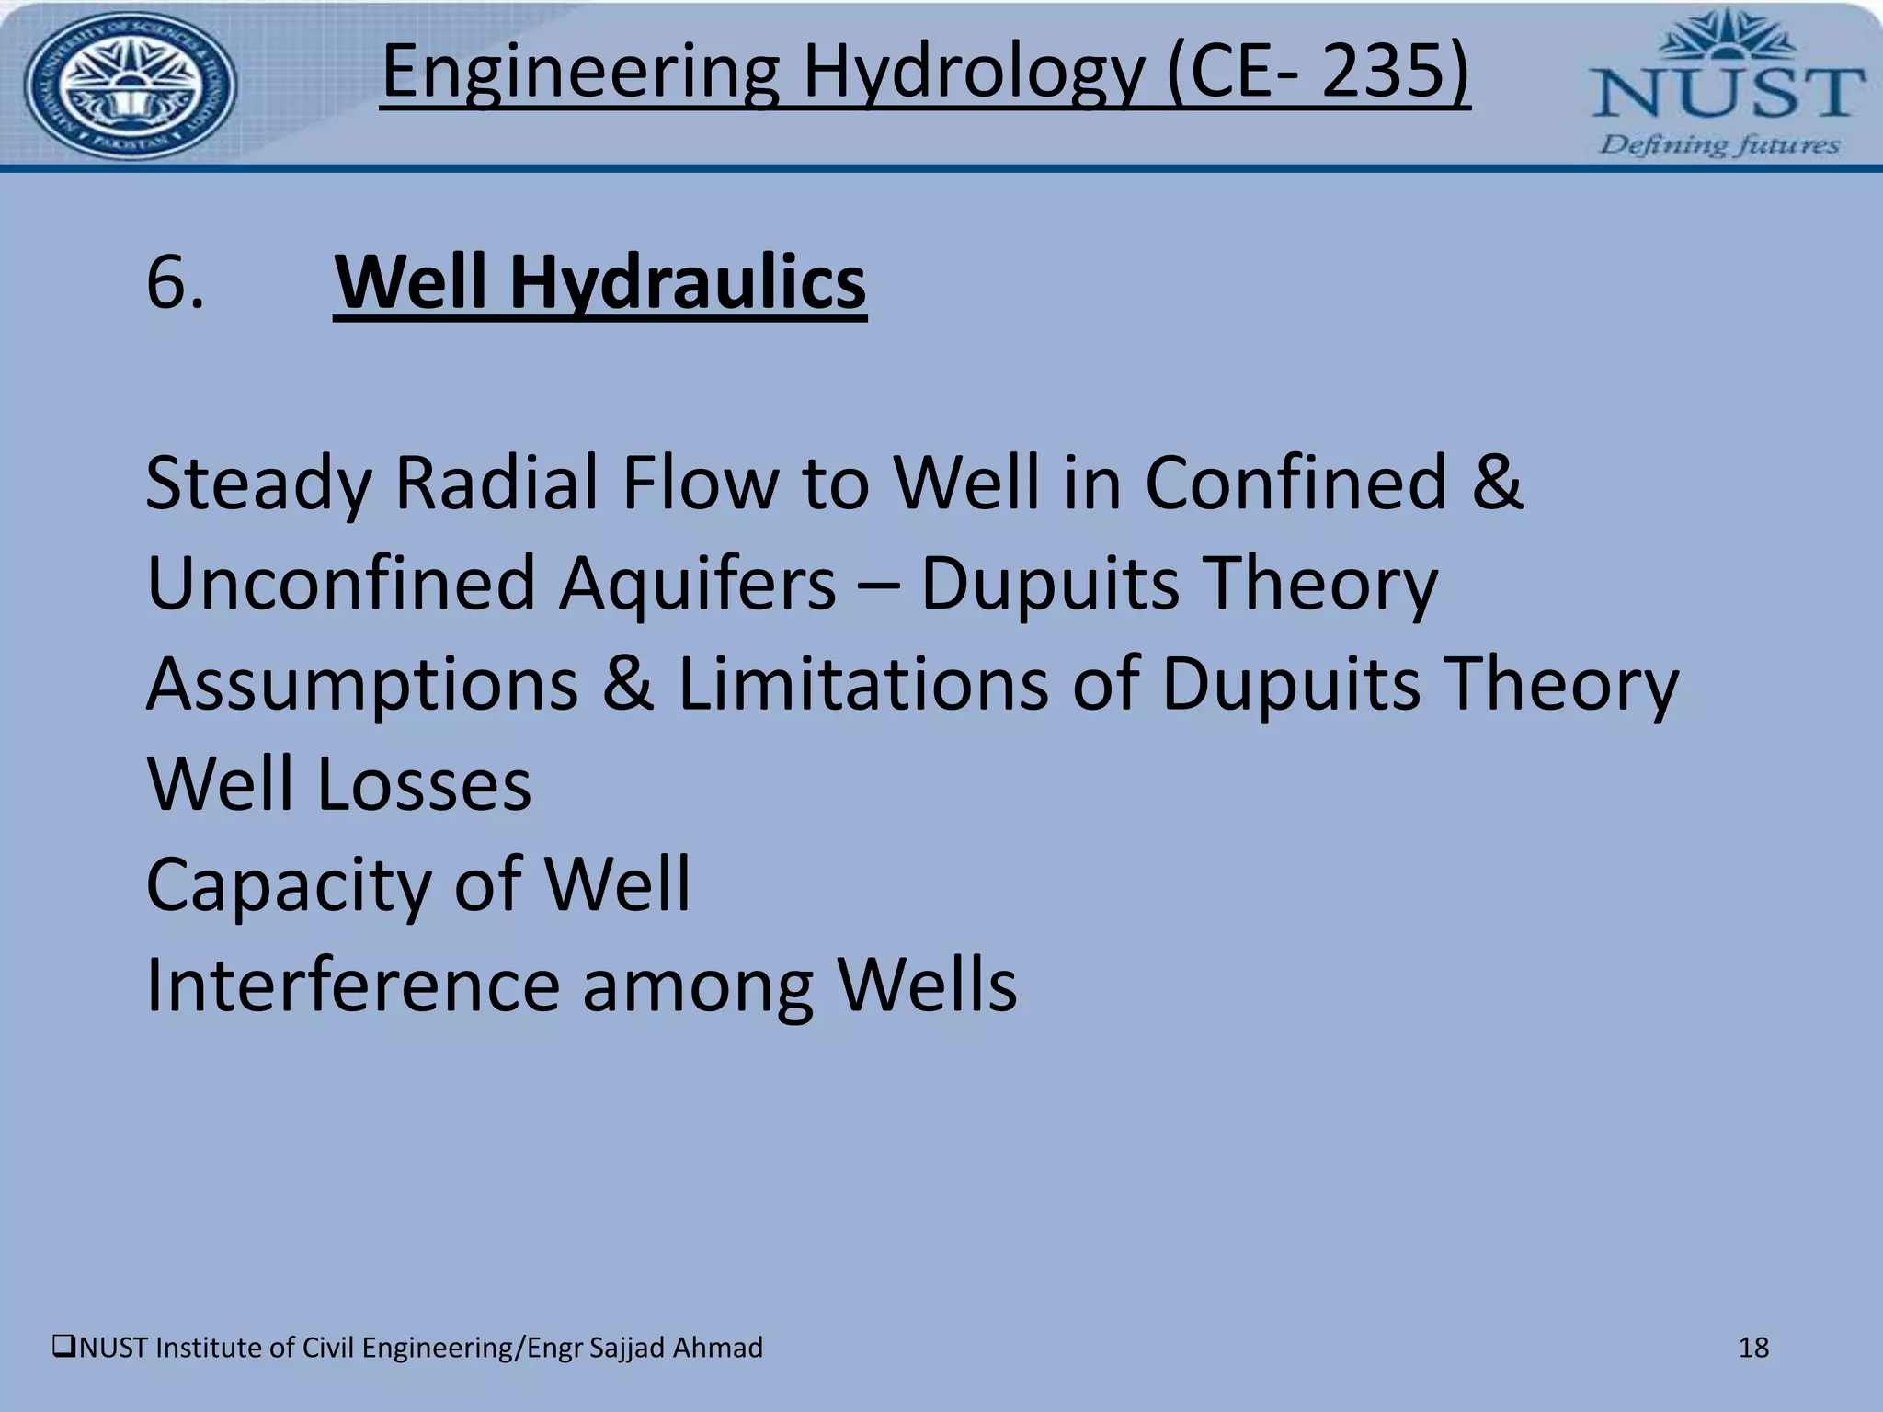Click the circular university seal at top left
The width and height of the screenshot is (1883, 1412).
[130, 86]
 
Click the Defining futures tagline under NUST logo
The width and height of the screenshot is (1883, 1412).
[1719, 144]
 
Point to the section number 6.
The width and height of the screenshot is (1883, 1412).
[175, 282]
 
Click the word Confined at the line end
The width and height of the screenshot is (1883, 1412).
[1295, 483]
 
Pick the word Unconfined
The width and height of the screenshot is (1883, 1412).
[340, 583]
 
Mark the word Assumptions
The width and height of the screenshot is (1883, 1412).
[362, 686]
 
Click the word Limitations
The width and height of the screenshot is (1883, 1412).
[862, 684]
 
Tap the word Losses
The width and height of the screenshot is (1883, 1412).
[424, 784]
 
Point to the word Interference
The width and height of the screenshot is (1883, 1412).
[353, 985]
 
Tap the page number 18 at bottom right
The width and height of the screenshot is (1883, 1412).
[1753, 1348]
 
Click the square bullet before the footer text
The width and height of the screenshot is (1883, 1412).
[64, 1348]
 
